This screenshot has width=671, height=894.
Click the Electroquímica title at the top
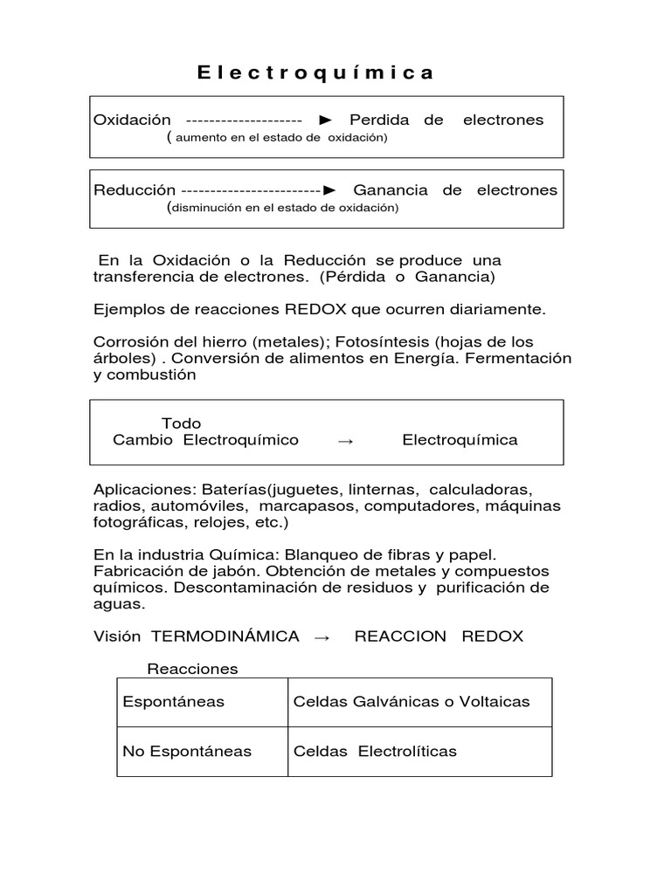(315, 72)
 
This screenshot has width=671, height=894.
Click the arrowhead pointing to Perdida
(325, 120)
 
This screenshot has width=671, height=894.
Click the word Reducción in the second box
(135, 189)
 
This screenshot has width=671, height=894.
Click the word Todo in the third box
(182, 423)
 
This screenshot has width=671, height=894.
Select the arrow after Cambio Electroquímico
(345, 441)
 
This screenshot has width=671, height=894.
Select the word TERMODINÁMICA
(225, 636)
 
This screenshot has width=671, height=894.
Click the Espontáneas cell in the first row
(174, 702)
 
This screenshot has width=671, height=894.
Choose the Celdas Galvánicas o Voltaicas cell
(412, 702)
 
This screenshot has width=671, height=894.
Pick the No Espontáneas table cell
(187, 751)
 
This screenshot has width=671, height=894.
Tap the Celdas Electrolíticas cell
(375, 751)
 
